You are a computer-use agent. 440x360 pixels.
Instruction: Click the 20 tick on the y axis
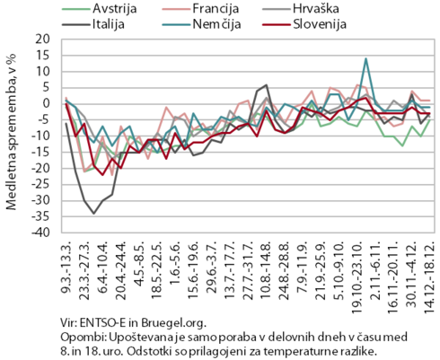[43, 40]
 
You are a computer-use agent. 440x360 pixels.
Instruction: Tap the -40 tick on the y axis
[40, 233]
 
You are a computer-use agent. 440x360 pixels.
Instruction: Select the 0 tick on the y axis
[47, 104]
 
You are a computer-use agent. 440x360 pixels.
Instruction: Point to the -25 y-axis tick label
[40, 185]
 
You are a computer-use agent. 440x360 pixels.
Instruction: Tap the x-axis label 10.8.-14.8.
[266, 270]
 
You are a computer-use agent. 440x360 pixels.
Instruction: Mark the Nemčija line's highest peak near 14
[365, 58]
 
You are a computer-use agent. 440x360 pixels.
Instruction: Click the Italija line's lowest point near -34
[93, 214]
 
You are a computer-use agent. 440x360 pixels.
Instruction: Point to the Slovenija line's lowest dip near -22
[102, 175]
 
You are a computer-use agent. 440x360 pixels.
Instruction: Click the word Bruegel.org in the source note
[174, 323]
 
